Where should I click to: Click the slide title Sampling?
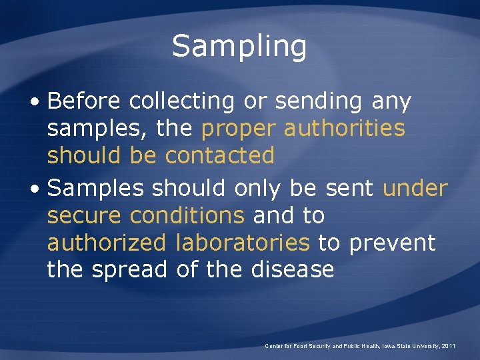click(x=239, y=47)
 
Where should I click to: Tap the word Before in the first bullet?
click(x=84, y=101)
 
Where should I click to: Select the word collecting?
click(x=182, y=102)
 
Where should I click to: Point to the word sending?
click(x=311, y=102)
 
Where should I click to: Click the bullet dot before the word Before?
click(x=39, y=103)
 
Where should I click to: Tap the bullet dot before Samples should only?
click(x=39, y=190)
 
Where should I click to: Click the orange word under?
click(x=415, y=189)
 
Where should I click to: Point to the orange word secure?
click(x=85, y=216)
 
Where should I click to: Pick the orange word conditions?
click(x=187, y=215)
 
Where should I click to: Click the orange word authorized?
click(x=106, y=243)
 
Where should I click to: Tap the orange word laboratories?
click(x=243, y=243)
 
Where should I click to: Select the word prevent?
click(x=392, y=243)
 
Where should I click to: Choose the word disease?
click(x=293, y=269)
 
